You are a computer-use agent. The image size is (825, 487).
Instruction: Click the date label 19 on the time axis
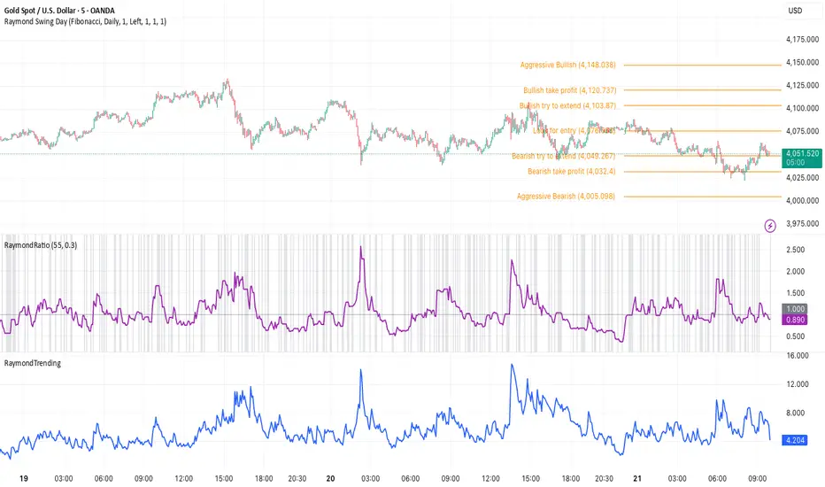pos(10,477)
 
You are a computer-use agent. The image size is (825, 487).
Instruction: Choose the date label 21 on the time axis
pos(638,477)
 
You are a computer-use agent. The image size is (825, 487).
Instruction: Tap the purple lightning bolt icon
pos(770,226)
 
